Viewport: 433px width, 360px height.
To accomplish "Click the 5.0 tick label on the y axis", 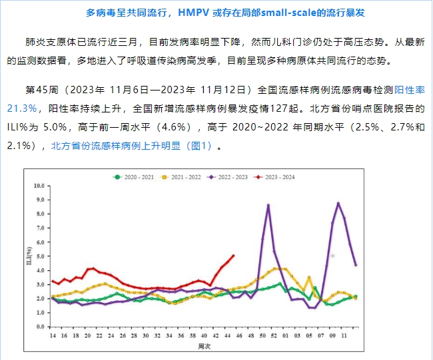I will [42, 256].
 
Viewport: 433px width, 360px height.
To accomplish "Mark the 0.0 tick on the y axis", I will [42, 325].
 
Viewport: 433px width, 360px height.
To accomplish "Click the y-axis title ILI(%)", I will [29, 256].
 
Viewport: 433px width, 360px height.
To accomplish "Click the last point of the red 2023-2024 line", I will [234, 255].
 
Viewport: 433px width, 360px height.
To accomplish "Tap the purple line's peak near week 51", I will [268, 205].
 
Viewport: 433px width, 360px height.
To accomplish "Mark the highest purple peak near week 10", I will [338, 203].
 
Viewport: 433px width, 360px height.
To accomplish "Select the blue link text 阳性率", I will [412, 89].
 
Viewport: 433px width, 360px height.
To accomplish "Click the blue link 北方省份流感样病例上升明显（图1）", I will [131, 146].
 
